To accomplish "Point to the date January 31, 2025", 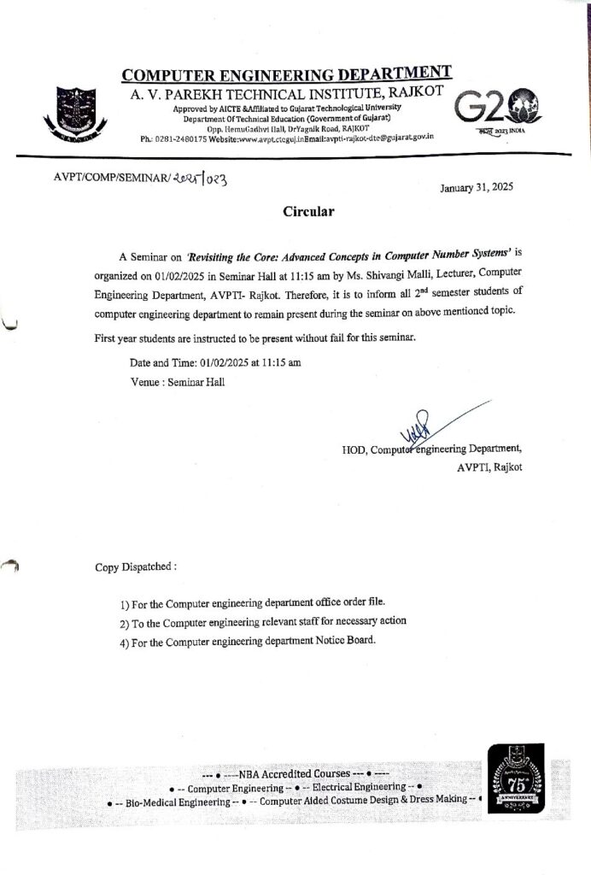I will pyautogui.click(x=477, y=188).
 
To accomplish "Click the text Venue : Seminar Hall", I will pyautogui.click(x=178, y=383).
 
